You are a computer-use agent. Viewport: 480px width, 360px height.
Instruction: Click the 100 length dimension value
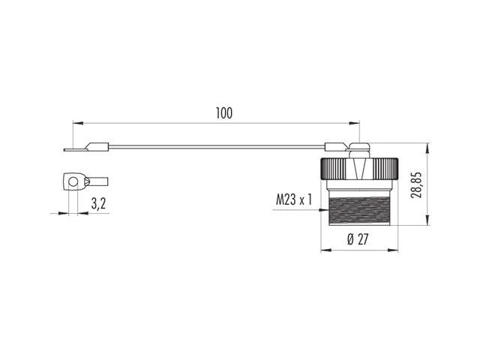(x=223, y=113)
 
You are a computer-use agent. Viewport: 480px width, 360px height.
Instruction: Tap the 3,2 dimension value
(x=97, y=203)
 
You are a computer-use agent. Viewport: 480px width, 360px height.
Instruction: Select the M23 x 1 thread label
(x=292, y=199)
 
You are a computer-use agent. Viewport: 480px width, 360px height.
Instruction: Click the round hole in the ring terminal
(x=73, y=180)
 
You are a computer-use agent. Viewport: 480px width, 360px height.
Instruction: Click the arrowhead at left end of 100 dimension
(x=75, y=121)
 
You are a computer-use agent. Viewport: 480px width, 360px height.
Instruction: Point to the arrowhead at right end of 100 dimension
(x=358, y=121)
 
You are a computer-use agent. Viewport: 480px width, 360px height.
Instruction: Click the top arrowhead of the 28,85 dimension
(x=427, y=145)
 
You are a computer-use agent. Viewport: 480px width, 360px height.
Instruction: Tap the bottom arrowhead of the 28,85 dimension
(x=427, y=223)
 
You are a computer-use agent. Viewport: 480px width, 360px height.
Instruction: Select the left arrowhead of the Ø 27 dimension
(x=323, y=250)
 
